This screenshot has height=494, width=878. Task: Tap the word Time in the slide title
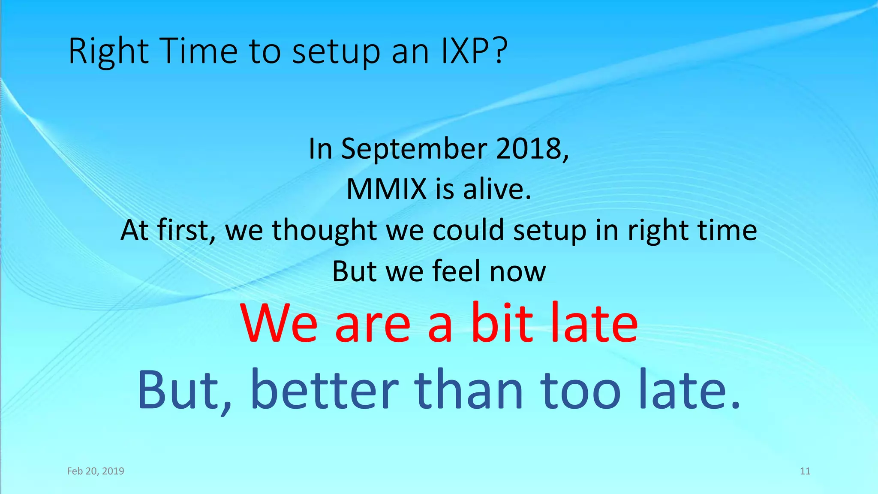[198, 51]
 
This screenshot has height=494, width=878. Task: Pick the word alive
[497, 189]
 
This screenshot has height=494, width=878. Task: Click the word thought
[324, 230]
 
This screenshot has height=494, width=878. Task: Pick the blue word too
[580, 390]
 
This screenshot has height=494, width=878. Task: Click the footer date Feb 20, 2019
[96, 471]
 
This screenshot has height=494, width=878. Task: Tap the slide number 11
[805, 471]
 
